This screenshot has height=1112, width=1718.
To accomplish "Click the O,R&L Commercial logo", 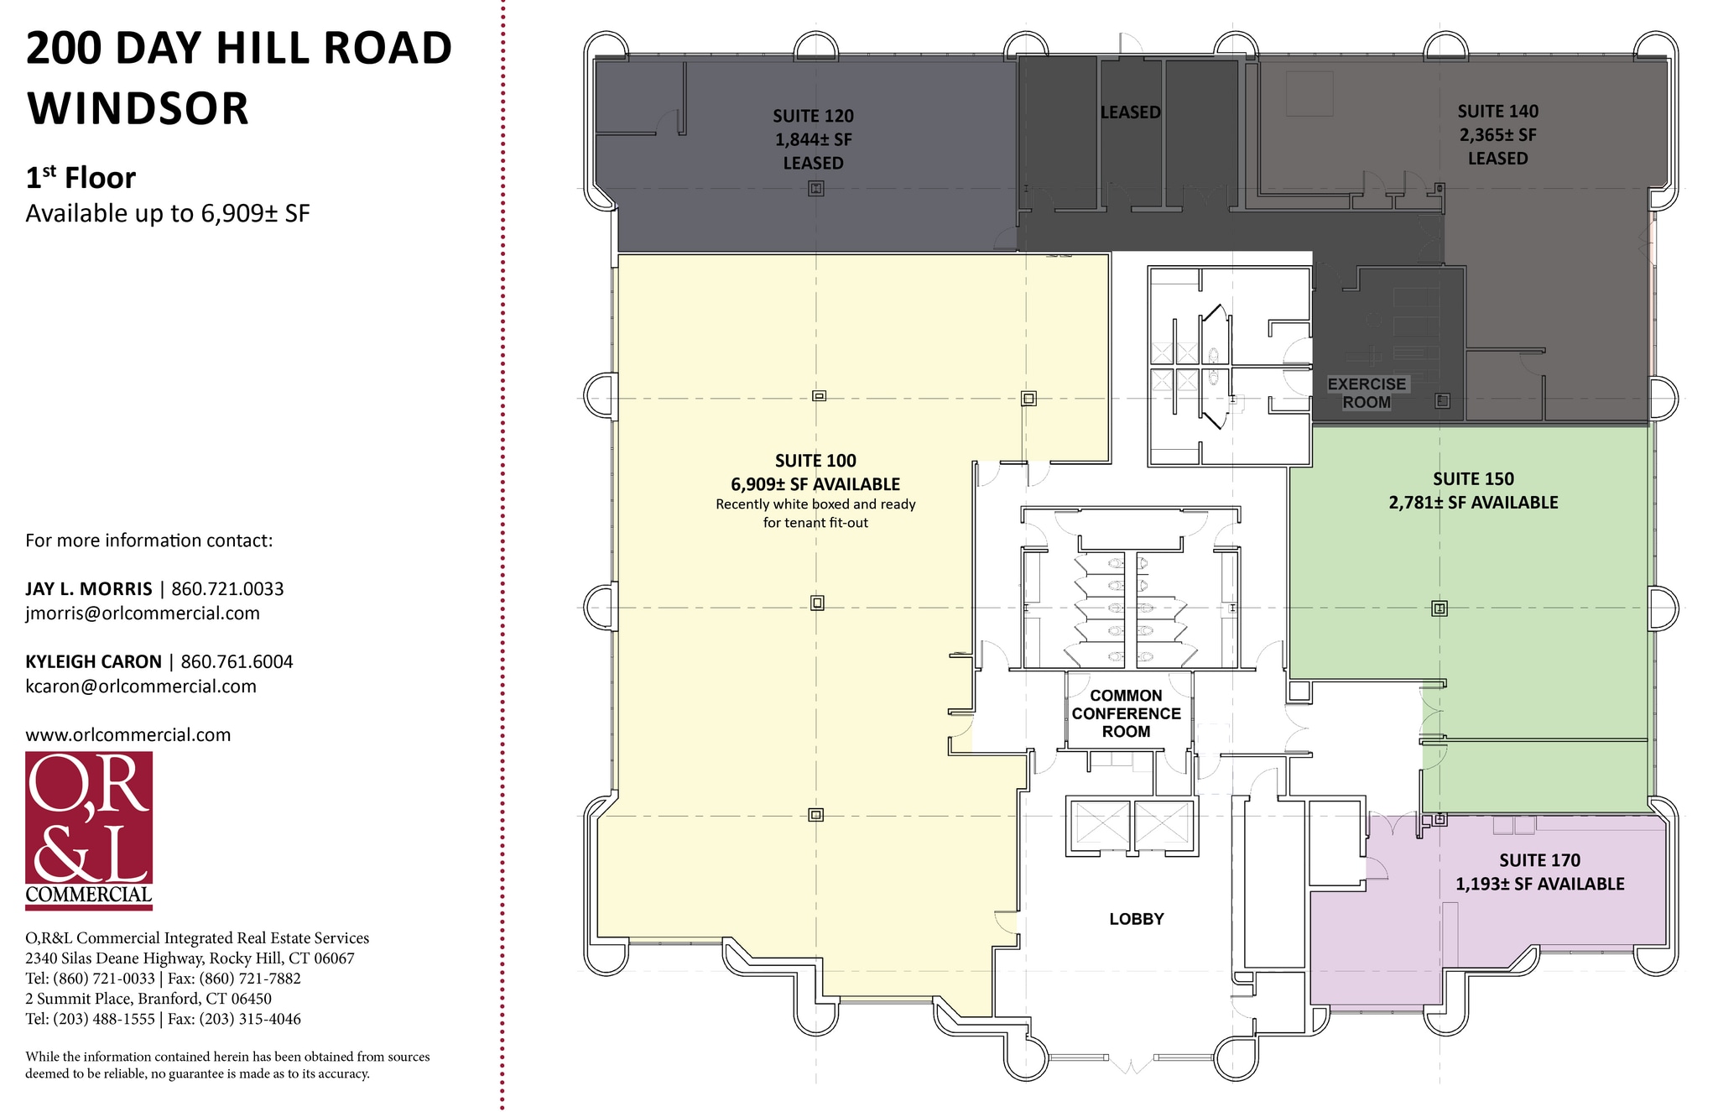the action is point(89,830).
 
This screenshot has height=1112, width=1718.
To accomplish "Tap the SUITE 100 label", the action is point(815,461).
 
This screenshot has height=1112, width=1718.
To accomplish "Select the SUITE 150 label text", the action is point(1473,479).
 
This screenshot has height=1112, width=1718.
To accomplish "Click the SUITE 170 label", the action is point(1539,860).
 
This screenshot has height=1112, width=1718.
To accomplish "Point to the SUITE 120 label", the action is point(813,116).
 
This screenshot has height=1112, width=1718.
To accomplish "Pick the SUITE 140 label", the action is point(1497,112).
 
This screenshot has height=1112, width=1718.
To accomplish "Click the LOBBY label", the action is point(1137,919).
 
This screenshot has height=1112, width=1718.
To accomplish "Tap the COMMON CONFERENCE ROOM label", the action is point(1126,713).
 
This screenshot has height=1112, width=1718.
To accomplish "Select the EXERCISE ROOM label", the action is point(1367,393).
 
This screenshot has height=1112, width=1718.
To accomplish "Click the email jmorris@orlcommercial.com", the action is point(143,613).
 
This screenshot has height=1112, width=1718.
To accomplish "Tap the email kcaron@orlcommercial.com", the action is point(141,687).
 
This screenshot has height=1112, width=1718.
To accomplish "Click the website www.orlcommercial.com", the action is point(128,735).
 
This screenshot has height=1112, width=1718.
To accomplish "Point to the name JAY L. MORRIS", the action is point(89,589).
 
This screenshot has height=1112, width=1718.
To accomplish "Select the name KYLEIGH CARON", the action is point(93,662).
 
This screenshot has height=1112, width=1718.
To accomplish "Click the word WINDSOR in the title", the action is point(138,108).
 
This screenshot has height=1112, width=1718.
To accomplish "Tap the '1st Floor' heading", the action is point(81,177).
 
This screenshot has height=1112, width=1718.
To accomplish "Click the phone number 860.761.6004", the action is point(237,662).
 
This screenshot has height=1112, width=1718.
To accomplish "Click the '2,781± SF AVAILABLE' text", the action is point(1473,503).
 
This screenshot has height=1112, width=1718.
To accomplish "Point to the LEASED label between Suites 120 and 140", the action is point(1130,112).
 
